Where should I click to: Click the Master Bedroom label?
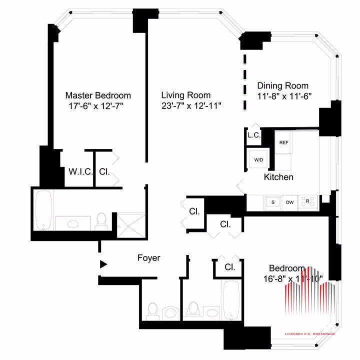98,95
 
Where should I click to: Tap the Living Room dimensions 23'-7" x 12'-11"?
191,106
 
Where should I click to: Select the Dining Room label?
282,85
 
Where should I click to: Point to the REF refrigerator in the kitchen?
283,142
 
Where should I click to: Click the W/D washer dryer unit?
259,159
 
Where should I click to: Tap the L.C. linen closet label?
254,135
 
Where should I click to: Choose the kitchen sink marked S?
273,202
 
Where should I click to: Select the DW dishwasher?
289,202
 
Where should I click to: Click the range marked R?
307,202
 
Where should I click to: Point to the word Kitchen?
278,177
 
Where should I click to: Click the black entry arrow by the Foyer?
103,264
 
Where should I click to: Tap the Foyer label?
149,258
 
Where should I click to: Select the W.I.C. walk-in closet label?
80,171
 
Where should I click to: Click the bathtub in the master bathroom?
43,210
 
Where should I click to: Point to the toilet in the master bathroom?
101,221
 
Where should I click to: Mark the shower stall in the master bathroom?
131,226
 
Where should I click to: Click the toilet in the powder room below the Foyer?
152,311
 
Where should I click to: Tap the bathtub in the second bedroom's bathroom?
231,300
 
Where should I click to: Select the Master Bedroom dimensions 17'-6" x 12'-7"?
96,106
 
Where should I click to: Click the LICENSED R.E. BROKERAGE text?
309,334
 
